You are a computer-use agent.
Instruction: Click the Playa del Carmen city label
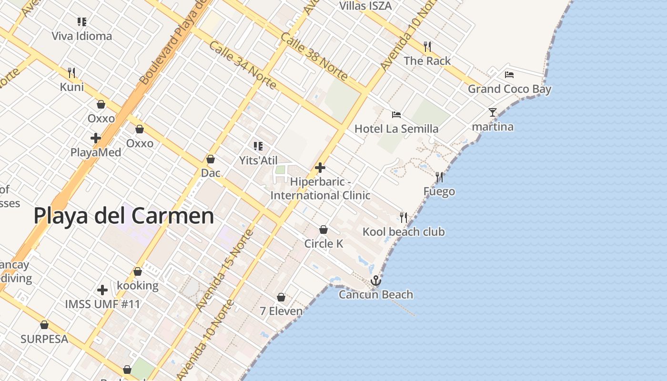click(x=124, y=216)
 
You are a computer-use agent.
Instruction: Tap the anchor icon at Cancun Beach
click(x=376, y=281)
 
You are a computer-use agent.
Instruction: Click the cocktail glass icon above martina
click(x=493, y=112)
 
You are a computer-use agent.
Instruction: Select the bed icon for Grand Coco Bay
click(x=509, y=74)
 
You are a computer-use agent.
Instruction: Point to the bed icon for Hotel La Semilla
click(x=396, y=114)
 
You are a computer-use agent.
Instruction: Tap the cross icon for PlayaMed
click(x=96, y=138)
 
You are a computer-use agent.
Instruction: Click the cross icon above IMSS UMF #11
click(x=102, y=290)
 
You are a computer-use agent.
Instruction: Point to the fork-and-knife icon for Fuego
click(x=439, y=177)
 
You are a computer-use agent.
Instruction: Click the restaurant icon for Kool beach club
click(x=404, y=217)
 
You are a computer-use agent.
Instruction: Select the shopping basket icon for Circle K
click(x=323, y=230)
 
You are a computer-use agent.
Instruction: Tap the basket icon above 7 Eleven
click(x=281, y=297)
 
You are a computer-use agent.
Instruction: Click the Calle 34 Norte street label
click(x=243, y=65)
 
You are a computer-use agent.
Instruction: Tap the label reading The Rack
click(x=427, y=61)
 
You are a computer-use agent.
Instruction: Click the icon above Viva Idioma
click(x=82, y=21)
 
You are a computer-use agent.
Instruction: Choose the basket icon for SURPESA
click(x=44, y=325)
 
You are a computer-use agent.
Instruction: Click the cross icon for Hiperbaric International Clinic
click(x=320, y=168)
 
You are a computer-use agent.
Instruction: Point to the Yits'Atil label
click(x=258, y=160)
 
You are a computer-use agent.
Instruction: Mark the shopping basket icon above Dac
click(x=211, y=159)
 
